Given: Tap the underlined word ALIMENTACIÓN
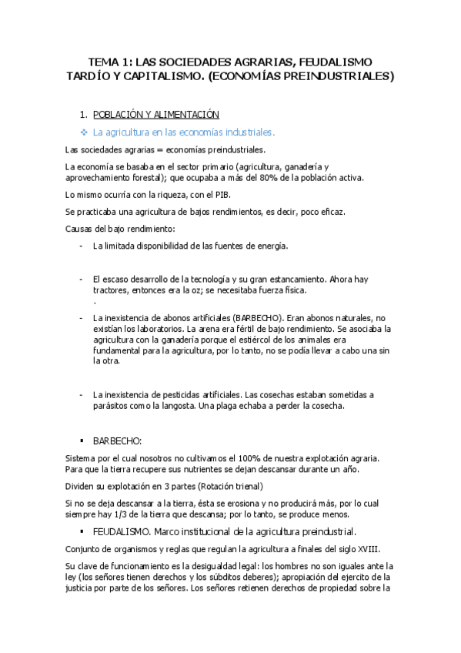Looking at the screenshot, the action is click(x=184, y=115).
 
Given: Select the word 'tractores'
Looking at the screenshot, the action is click(x=112, y=290).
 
